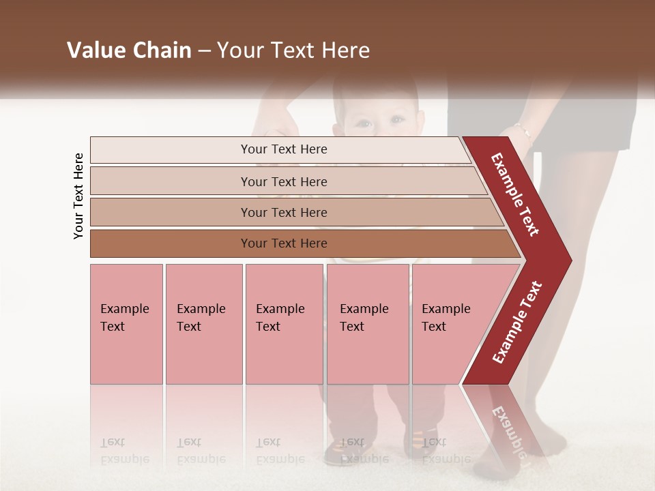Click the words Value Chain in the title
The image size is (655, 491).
(129, 50)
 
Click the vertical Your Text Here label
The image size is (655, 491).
(78, 196)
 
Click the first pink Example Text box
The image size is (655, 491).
(126, 324)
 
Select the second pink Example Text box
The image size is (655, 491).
(203, 324)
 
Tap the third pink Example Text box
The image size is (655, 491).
(284, 324)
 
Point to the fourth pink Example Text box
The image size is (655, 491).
(368, 324)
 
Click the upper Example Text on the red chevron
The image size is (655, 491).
(515, 194)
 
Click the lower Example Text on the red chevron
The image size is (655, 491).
(517, 323)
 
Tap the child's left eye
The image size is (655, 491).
(362, 124)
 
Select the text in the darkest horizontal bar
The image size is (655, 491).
(284, 243)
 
